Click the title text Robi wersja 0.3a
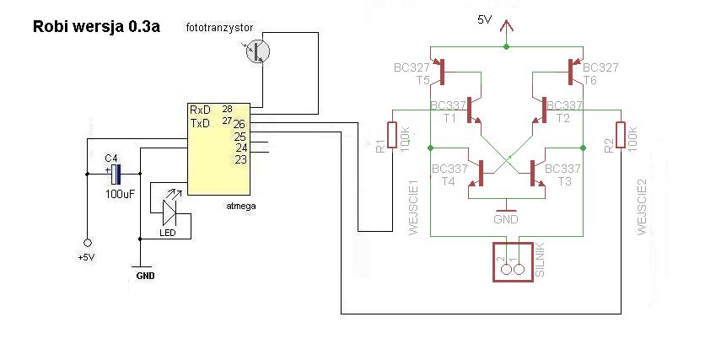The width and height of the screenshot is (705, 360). point(95,26)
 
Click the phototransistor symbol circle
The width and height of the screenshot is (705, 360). point(257,51)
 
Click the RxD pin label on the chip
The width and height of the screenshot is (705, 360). point(200,110)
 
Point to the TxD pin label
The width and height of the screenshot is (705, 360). point(200,123)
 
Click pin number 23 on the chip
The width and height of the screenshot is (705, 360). point(239,159)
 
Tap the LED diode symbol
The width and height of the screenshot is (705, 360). point(173,206)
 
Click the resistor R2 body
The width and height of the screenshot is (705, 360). point(621,135)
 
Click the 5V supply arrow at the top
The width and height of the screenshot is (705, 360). point(506,32)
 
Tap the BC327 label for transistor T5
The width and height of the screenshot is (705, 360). point(412,67)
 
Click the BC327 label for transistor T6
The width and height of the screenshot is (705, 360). point(600,67)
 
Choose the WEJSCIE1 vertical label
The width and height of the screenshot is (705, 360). point(414,207)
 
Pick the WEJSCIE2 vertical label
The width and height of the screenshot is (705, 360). point(642,207)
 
